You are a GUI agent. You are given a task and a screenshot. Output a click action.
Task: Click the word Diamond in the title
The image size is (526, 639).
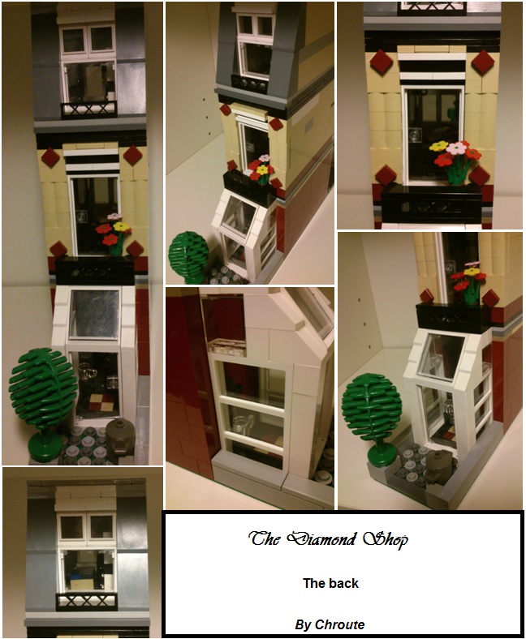[321, 539]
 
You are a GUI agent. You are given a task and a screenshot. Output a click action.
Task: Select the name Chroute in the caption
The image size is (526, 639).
[339, 624]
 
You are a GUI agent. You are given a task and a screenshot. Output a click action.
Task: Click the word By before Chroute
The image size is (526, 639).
[304, 624]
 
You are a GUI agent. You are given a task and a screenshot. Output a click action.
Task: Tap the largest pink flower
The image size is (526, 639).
[456, 148]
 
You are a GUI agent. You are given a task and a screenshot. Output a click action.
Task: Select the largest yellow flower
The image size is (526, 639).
[438, 146]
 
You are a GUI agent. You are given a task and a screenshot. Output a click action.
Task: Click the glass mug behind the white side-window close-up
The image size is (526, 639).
[241, 425]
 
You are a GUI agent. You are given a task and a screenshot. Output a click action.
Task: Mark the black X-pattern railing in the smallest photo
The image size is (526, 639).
[87, 601]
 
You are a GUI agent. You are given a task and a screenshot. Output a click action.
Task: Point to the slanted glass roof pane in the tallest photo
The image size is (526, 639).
[95, 313]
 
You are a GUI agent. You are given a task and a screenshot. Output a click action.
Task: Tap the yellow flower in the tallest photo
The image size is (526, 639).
[121, 226]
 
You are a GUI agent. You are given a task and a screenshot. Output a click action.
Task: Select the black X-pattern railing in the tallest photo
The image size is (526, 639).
[89, 109]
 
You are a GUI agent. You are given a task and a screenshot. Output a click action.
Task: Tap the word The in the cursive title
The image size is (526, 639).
[265, 538]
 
